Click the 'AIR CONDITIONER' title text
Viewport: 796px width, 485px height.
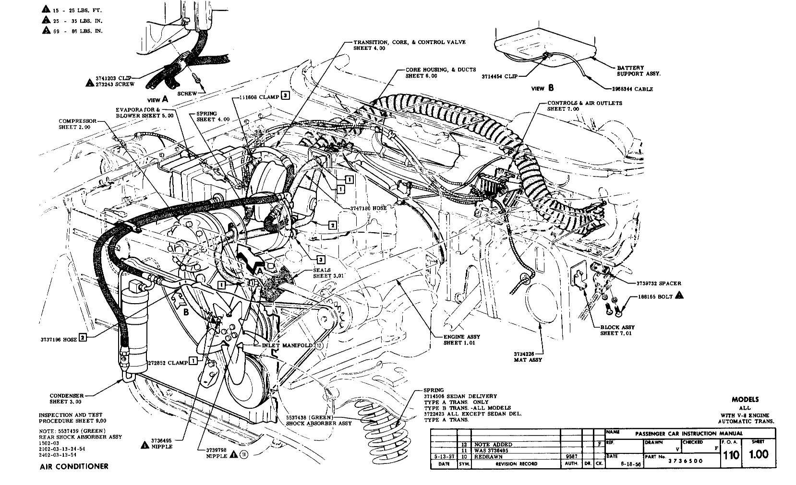[x=74, y=466]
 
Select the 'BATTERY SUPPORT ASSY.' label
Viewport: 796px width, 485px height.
[x=639, y=71]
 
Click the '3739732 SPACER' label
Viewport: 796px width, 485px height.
[x=659, y=283]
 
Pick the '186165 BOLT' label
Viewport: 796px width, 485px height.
[x=655, y=296]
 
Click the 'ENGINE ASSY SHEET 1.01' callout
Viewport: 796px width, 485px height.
[x=461, y=340]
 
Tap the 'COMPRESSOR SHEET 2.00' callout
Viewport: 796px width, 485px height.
[x=77, y=124]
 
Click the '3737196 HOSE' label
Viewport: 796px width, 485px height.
[x=59, y=339]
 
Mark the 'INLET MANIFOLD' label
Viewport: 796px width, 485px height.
[x=287, y=345]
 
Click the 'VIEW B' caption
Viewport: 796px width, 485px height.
[x=543, y=88]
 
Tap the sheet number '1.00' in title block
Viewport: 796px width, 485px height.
[x=759, y=454]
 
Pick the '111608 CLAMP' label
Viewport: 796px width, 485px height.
[x=259, y=96]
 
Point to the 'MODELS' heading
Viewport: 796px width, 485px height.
[x=745, y=399]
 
